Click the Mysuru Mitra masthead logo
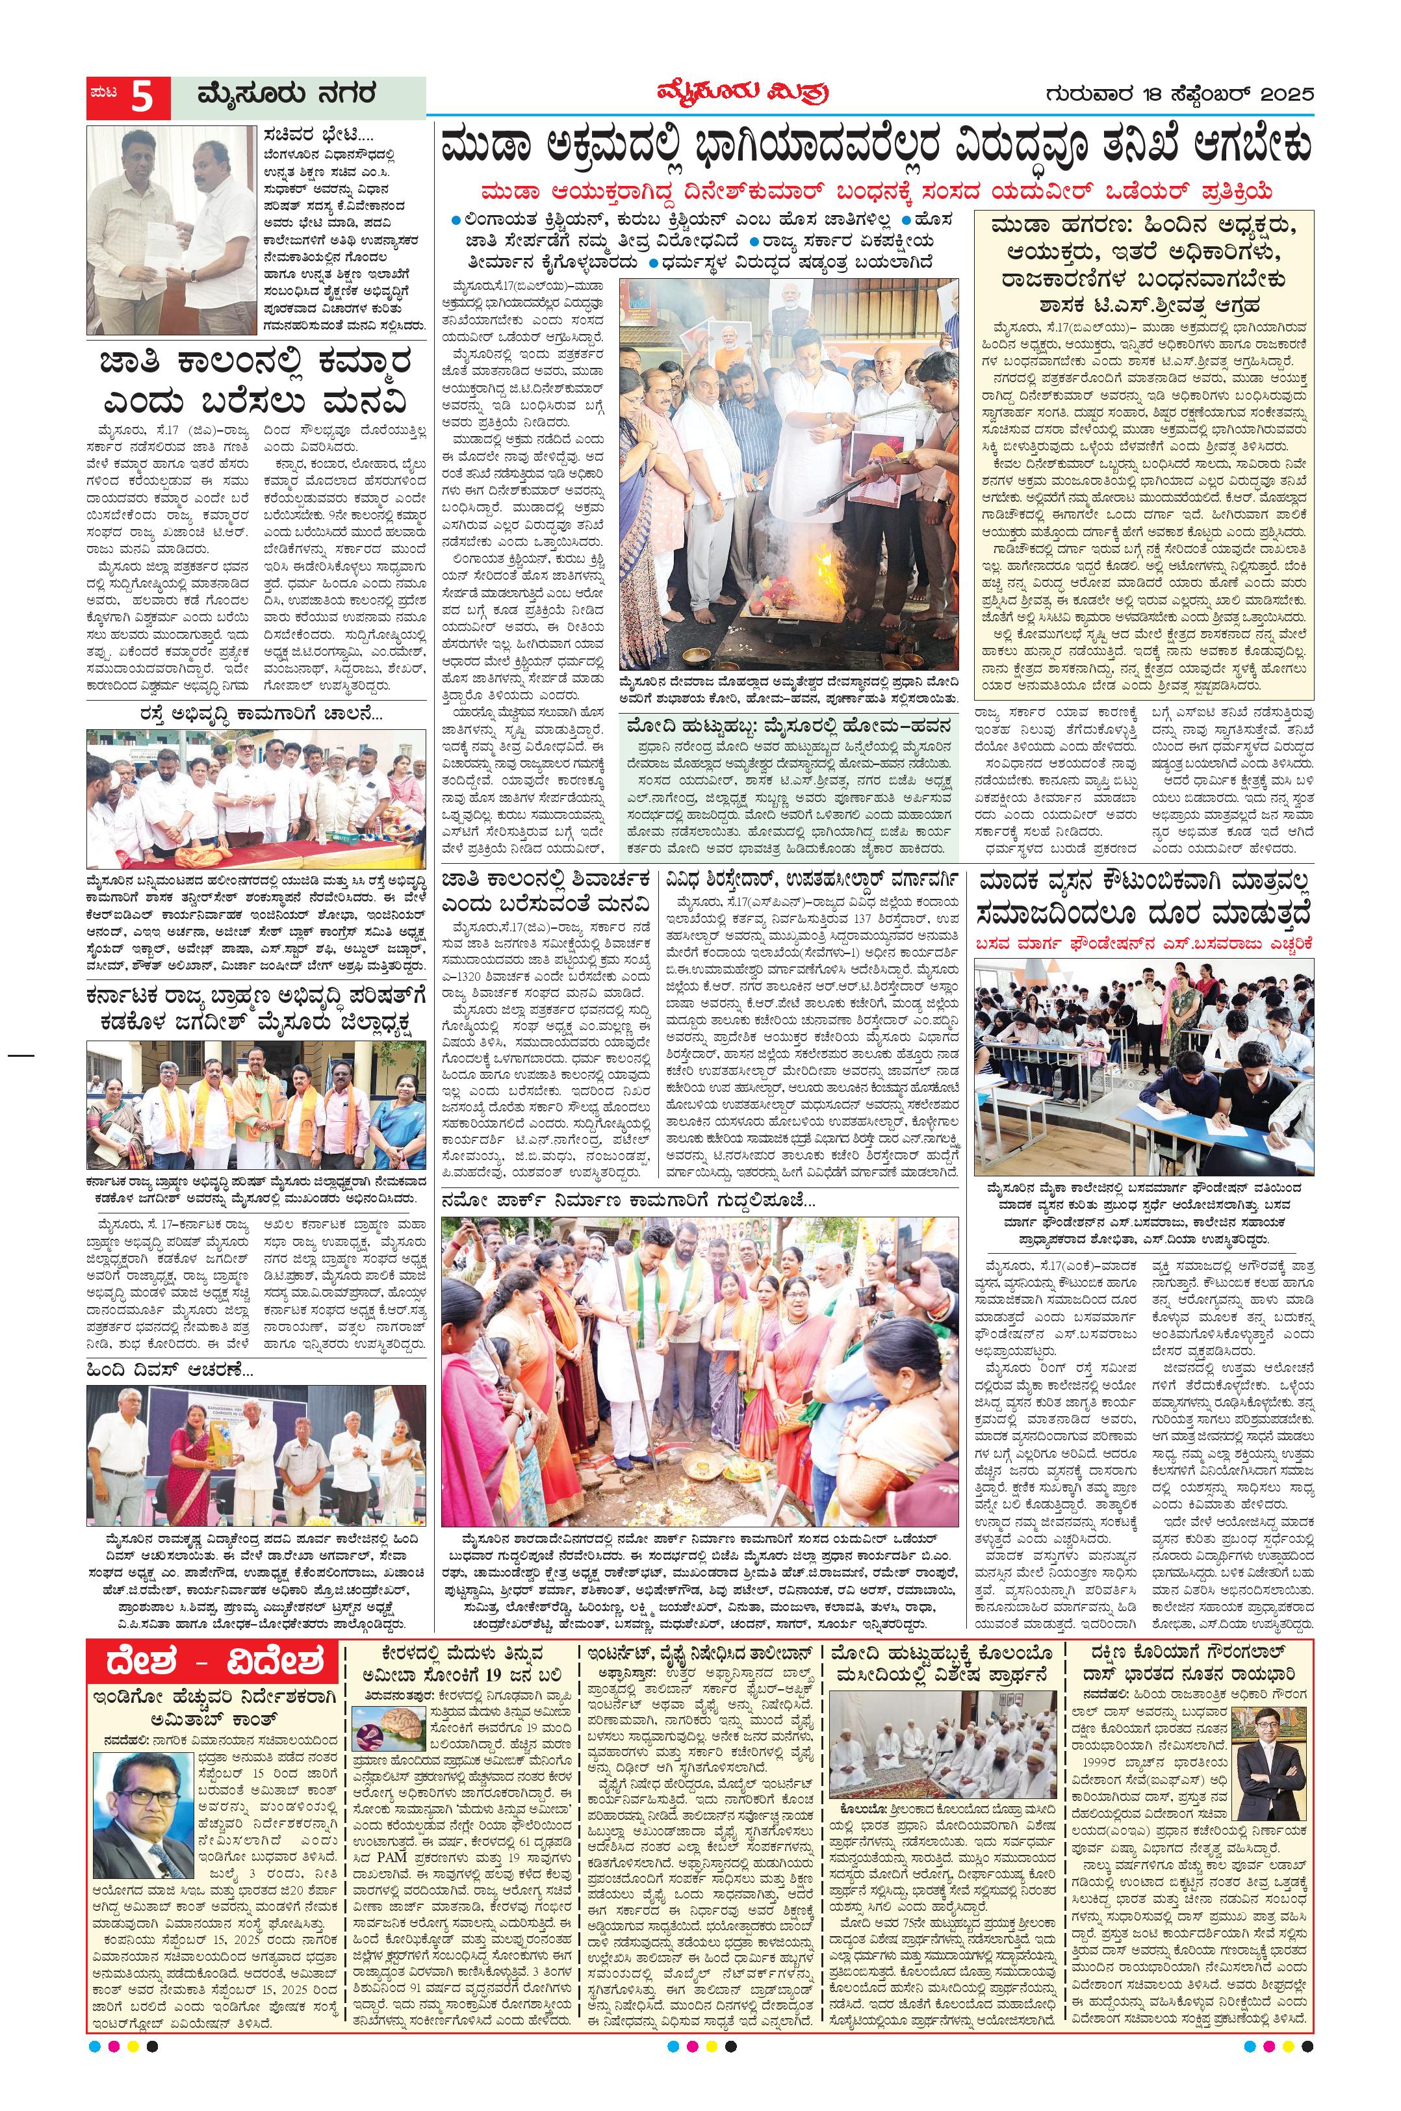(x=736, y=93)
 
